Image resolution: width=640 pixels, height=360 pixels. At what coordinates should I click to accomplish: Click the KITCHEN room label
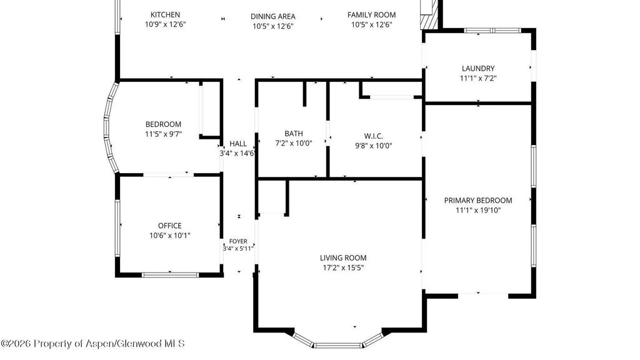pos(165,15)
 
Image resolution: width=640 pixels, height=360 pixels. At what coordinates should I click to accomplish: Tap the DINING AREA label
pos(273,16)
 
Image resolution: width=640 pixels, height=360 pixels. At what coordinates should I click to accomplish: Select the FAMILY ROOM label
pos(371,15)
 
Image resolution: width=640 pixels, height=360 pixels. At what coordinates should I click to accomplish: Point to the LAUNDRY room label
pos(478,68)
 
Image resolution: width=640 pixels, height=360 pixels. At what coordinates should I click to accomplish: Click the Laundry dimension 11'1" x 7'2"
pos(478,78)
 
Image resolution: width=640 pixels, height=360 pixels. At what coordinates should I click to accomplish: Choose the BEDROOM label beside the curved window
pos(163,124)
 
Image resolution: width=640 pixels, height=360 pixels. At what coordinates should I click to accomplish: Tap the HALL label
pos(238,144)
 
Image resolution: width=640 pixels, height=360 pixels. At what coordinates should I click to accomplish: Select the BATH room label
pos(294,134)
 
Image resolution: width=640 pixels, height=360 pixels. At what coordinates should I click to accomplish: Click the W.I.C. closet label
pos(374,136)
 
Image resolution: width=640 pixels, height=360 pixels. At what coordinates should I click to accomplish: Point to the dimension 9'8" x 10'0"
pos(374,146)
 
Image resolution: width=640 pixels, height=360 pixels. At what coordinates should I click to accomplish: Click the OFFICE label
pos(170,225)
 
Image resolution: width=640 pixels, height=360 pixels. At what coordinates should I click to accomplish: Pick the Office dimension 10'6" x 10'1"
pos(170,235)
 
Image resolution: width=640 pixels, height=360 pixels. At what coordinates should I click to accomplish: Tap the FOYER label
pos(238,241)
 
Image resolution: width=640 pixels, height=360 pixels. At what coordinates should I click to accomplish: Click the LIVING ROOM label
pos(343,257)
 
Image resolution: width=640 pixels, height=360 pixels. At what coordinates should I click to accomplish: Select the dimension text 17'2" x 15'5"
pos(343,267)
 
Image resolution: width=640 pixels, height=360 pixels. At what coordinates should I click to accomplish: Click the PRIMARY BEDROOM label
pos(478,201)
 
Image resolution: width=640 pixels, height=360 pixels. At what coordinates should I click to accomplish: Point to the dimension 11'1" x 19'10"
pos(478,210)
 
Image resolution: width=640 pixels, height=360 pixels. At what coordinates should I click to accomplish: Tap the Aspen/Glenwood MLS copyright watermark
pos(92,344)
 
